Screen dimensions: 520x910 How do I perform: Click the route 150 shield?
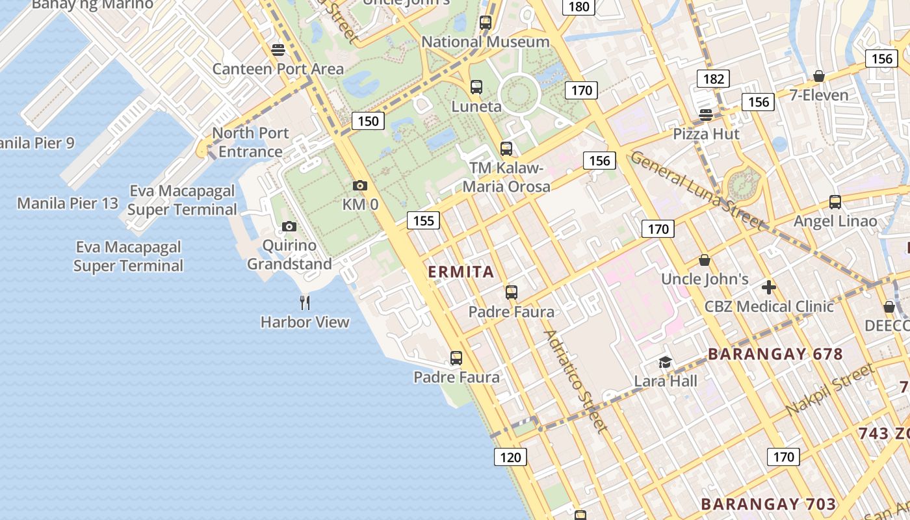tap(368, 121)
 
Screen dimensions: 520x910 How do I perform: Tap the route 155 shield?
tap(423, 220)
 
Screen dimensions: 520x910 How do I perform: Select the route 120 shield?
tap(510, 457)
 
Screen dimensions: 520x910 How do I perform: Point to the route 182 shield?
tap(713, 79)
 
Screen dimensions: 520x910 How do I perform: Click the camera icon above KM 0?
tap(360, 186)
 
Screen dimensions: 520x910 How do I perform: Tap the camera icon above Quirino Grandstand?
tap(289, 227)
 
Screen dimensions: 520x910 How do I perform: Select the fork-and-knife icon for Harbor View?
tap(305, 302)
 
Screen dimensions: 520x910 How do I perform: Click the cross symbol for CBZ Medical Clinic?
tap(769, 287)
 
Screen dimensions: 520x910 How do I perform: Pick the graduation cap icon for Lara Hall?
tap(665, 362)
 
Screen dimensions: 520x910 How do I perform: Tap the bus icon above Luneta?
tap(476, 87)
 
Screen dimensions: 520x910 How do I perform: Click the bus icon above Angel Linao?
tap(835, 202)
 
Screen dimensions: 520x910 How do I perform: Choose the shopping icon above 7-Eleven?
tap(819, 76)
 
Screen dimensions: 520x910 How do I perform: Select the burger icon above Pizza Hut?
tap(706, 115)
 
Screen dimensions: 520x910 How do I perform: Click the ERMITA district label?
tap(461, 272)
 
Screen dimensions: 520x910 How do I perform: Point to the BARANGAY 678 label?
tap(775, 354)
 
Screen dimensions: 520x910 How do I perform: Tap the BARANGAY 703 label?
tap(768, 504)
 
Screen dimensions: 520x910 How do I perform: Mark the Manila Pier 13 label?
tap(68, 203)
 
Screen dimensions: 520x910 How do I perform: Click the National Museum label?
tap(486, 42)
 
